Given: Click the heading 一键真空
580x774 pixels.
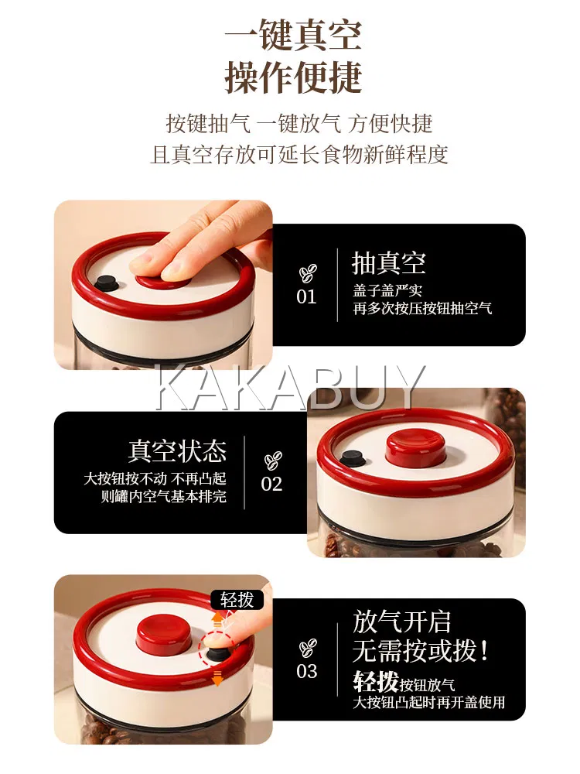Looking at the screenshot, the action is click(x=293, y=35).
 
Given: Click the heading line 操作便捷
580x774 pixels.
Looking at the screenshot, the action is click(x=293, y=77).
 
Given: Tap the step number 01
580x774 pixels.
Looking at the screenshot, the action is click(x=306, y=296).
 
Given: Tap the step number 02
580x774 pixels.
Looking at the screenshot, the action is click(x=271, y=484).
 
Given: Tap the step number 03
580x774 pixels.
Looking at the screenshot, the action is click(x=307, y=671).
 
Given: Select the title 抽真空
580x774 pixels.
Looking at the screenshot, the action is click(x=389, y=262).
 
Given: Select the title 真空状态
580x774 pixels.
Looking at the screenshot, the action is click(x=178, y=450).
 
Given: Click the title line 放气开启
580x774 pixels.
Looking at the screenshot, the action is click(x=402, y=622).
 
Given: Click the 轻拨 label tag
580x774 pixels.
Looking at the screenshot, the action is click(x=237, y=600).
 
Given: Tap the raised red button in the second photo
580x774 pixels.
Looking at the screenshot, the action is click(x=415, y=448).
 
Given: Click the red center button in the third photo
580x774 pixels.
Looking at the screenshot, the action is click(x=164, y=633).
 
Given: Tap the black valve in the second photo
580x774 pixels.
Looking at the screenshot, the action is click(x=353, y=458).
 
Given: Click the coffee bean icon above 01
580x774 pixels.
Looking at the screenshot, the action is click(x=307, y=273).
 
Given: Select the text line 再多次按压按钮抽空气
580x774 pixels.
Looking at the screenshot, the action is click(x=423, y=309).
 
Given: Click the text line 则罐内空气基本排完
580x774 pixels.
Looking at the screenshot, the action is click(x=164, y=496).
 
